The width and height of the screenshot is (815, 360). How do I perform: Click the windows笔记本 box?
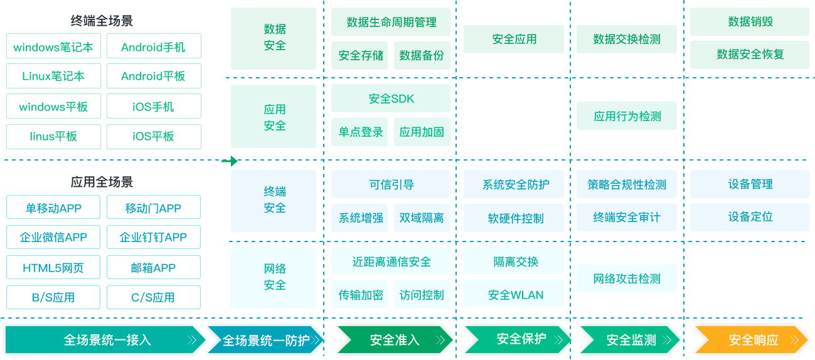(x=53, y=47)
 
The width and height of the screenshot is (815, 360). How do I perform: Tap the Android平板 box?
(x=154, y=77)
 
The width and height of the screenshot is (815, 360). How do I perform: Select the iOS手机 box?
(x=154, y=107)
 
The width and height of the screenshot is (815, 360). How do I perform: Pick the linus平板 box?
(x=53, y=136)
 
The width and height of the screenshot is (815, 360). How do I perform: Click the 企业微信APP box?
(x=53, y=238)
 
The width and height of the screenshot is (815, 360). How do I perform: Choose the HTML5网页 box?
(x=53, y=268)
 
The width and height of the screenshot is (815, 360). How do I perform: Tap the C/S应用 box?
(x=154, y=297)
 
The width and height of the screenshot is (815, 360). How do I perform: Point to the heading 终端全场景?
(x=102, y=21)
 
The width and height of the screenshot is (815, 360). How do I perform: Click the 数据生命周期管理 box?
(x=391, y=22)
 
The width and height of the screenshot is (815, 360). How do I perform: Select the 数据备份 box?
(x=422, y=55)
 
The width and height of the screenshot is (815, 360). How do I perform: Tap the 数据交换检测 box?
(x=627, y=39)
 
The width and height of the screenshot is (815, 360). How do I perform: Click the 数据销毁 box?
(x=750, y=21)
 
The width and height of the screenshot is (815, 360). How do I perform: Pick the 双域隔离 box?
(x=422, y=218)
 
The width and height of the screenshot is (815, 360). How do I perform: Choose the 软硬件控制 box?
(x=516, y=218)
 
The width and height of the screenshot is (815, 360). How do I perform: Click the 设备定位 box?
(x=750, y=217)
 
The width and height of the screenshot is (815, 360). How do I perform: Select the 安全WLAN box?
(x=516, y=295)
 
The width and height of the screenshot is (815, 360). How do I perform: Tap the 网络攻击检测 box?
(x=627, y=278)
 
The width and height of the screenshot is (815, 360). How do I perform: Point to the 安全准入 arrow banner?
(x=394, y=340)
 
